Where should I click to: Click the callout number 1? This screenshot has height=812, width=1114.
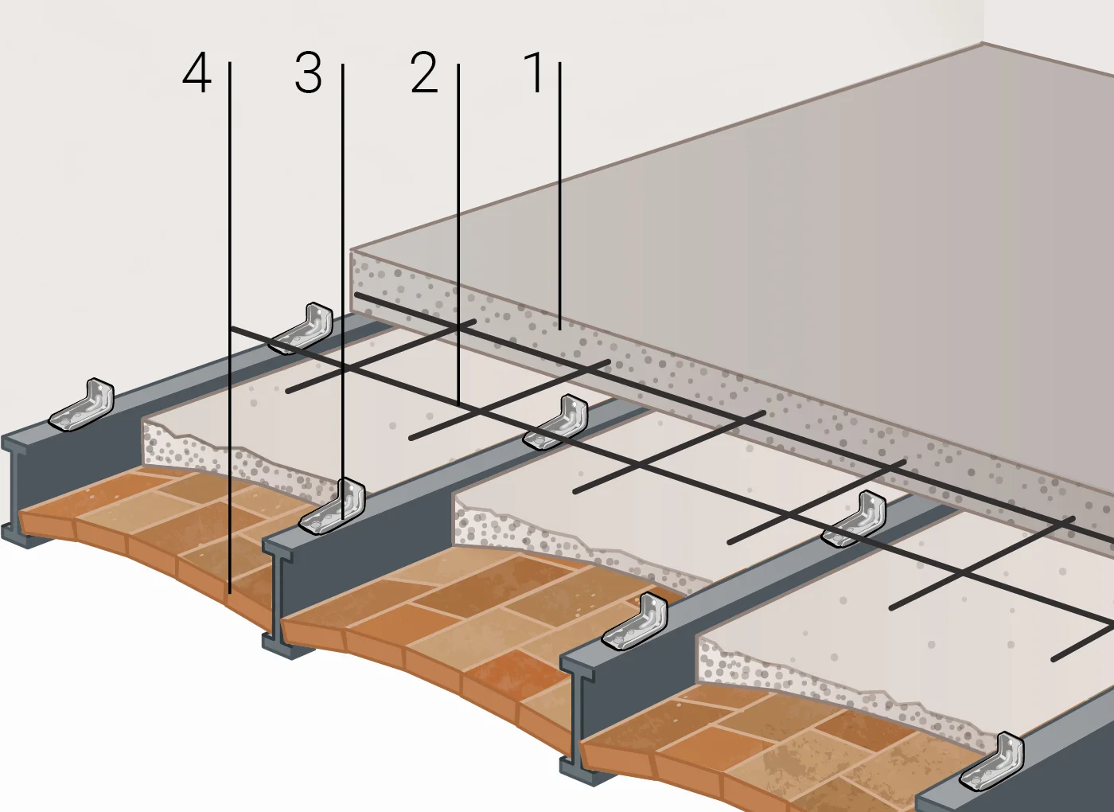tap(535, 73)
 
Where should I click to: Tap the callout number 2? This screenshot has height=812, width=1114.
tap(424, 73)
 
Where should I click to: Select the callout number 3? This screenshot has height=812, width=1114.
tap(308, 73)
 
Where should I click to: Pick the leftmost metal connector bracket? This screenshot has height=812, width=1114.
tap(83, 405)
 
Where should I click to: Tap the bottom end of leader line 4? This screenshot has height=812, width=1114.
tap(229, 593)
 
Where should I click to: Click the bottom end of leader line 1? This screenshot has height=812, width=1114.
tap(560, 327)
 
